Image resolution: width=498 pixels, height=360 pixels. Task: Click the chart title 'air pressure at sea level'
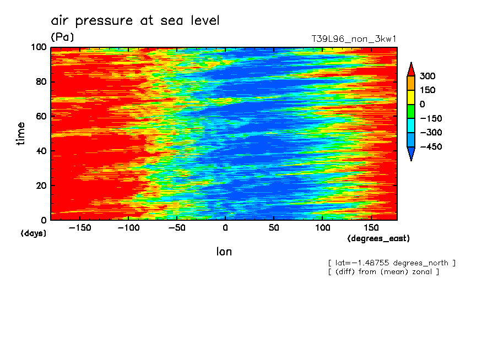[135, 21]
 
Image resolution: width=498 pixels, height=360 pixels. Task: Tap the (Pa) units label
[62, 37]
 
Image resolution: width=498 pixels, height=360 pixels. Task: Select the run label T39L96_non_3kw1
[354, 39]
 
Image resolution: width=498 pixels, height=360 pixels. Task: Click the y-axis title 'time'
[21, 134]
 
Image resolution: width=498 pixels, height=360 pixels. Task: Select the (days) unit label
[34, 233]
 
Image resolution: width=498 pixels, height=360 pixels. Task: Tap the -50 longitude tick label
[176, 227]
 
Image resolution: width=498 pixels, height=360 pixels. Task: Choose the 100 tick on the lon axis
[322, 227]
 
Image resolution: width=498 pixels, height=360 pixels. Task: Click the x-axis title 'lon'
[224, 252]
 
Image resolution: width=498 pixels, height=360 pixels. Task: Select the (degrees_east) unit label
[378, 239]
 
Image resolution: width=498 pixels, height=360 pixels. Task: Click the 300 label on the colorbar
[427, 76]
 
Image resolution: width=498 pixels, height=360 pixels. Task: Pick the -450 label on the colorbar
[430, 147]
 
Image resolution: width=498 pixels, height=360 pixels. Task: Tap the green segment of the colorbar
[410, 111]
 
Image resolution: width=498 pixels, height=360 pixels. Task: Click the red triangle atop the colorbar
[410, 69]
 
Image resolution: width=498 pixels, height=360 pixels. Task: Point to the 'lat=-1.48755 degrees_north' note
[392, 263]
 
